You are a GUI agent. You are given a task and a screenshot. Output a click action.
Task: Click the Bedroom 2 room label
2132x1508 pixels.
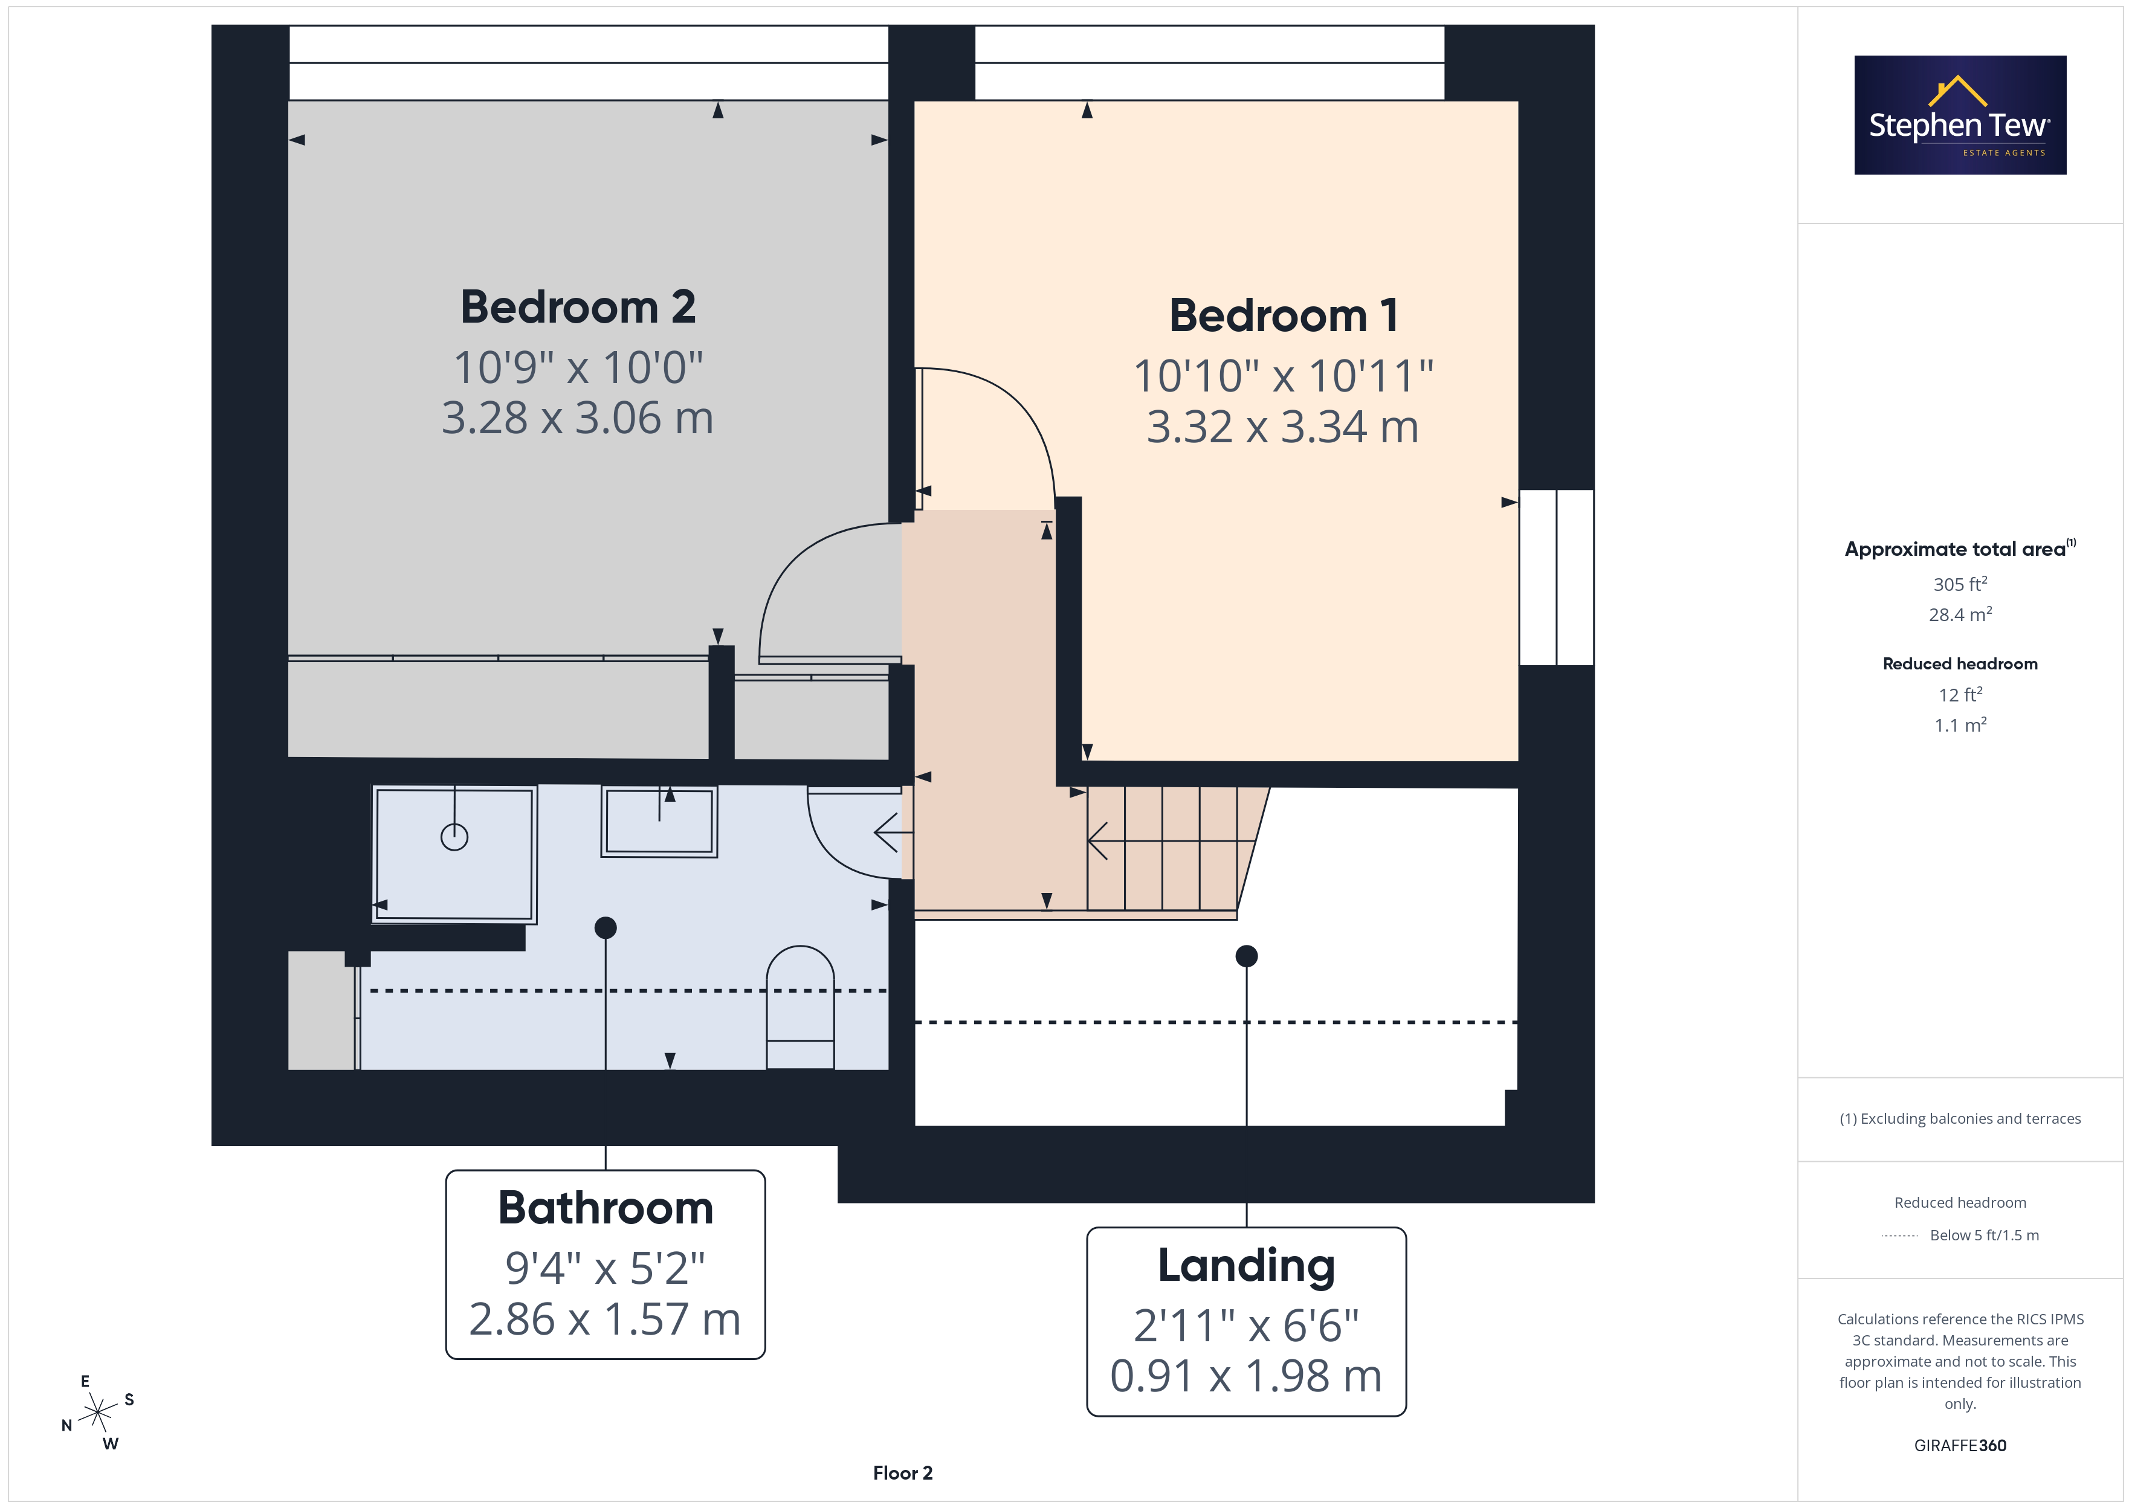coord(578,308)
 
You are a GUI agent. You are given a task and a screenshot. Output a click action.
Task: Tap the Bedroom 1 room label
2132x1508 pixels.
coord(1284,316)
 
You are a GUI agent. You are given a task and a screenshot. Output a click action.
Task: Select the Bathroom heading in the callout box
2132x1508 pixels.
coord(606,1208)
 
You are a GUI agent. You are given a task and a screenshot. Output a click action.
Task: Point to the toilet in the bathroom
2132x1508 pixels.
coord(799,1008)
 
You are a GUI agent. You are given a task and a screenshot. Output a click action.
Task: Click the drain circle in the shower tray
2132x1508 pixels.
coord(454,837)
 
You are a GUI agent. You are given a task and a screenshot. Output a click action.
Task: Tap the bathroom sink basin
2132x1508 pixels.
coord(659,822)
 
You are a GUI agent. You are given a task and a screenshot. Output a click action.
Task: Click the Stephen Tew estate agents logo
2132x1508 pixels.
coord(1960,115)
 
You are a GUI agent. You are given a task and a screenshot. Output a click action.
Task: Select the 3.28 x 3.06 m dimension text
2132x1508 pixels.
coord(578,418)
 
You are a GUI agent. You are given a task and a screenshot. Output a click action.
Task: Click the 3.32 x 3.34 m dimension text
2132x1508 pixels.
coord(1284,427)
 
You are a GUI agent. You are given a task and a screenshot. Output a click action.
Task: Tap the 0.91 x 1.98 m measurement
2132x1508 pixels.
coord(1246,1376)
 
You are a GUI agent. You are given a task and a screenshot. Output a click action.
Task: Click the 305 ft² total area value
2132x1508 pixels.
coord(1960,584)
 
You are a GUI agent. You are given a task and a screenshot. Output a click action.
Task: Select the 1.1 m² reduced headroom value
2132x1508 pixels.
coord(1960,725)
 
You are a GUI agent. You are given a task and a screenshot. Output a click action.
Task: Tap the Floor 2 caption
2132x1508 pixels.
coord(903,1473)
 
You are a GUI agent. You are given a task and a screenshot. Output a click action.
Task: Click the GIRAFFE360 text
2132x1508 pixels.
coord(1960,1446)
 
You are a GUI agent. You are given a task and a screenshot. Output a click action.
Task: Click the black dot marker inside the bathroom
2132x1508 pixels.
coord(606,927)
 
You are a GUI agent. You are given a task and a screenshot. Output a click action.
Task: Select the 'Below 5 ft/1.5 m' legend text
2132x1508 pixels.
coord(1985,1235)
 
